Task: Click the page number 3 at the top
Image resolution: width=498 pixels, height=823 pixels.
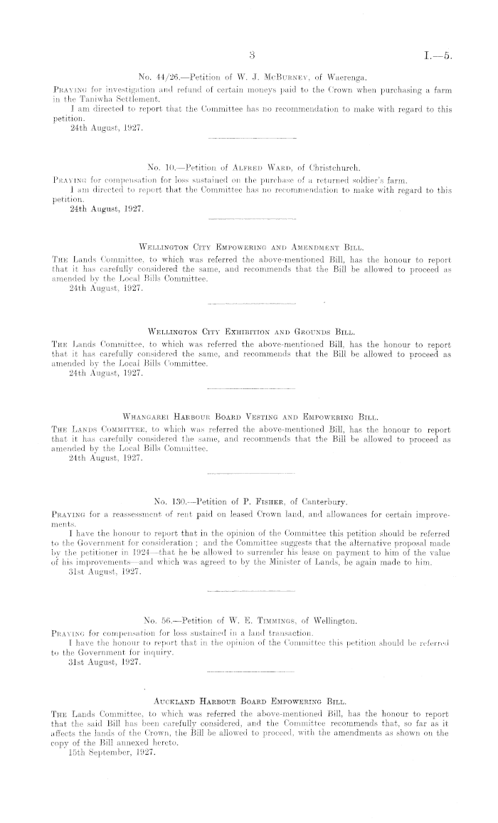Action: coord(252,55)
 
